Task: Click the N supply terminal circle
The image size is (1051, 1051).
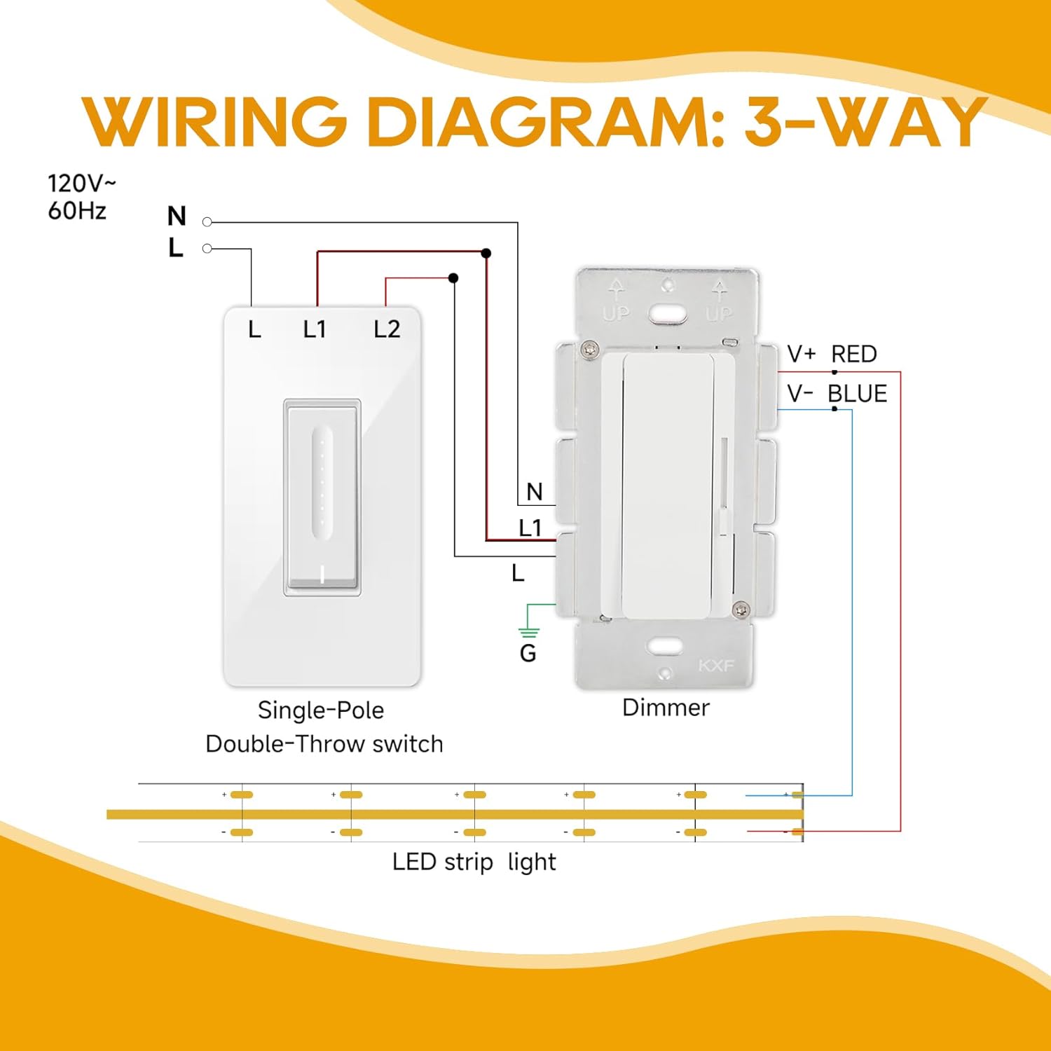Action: tap(207, 222)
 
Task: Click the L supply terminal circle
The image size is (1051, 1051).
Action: tap(207, 249)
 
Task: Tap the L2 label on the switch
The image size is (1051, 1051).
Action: tap(387, 329)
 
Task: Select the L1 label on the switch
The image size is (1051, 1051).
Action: tap(315, 329)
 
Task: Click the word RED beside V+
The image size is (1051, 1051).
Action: tap(854, 355)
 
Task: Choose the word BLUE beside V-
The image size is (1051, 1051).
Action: tap(858, 394)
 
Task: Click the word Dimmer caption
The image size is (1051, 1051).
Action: tap(666, 708)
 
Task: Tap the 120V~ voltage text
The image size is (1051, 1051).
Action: tap(81, 184)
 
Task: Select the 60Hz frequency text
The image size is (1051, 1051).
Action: tap(77, 210)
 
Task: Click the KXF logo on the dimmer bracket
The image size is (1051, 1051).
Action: tap(716, 665)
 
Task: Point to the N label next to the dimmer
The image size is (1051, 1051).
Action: tap(535, 492)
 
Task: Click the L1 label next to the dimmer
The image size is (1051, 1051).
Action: tap(530, 528)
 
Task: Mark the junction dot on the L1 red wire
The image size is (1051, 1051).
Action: tap(486, 253)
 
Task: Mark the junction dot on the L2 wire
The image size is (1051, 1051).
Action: tap(453, 278)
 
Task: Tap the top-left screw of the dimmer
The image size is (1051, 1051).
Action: tap(591, 348)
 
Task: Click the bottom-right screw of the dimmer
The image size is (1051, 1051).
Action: tap(741, 610)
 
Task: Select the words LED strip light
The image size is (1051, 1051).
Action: tap(474, 862)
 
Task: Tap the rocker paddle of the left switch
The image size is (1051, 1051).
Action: tap(322, 497)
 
